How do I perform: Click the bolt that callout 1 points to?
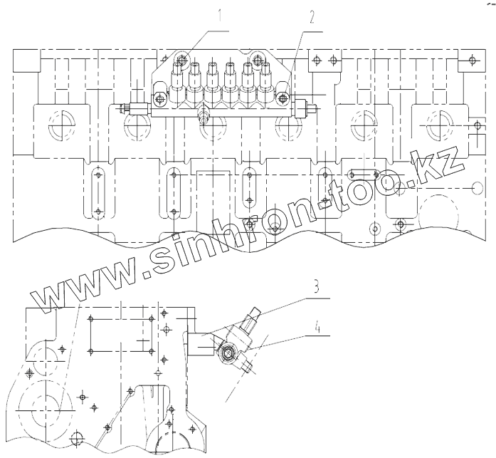tap(181, 60)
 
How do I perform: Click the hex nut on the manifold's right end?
tap(312, 110)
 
